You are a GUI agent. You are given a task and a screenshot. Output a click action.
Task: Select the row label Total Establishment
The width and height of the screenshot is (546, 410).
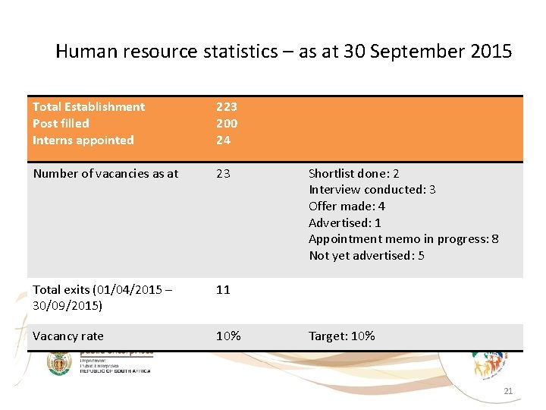point(89,107)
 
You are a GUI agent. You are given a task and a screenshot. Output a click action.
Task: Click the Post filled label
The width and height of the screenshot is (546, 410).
point(61,123)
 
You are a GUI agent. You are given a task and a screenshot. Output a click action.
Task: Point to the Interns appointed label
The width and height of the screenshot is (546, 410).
point(83,140)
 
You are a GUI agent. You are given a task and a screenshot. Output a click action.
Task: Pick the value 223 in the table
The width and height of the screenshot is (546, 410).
point(227,107)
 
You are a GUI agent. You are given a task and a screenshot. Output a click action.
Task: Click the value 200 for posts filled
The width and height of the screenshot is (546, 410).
point(227,123)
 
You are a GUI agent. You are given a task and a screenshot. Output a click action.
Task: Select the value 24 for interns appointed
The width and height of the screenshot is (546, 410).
point(223,140)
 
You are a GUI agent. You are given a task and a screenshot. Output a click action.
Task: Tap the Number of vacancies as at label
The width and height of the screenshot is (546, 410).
point(105,173)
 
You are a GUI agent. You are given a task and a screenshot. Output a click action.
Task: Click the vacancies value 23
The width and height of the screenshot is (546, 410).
point(223,173)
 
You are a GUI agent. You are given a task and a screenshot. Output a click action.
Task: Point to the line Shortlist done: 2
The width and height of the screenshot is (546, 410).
point(353,173)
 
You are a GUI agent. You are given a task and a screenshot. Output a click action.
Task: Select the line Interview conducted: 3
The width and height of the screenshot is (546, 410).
point(372,190)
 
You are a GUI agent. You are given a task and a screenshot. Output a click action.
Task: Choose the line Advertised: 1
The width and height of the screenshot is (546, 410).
point(344,222)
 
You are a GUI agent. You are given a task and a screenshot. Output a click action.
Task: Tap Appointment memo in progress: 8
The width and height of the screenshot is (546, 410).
point(403,239)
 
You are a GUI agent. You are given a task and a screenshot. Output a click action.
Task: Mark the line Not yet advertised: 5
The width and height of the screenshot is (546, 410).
point(366,256)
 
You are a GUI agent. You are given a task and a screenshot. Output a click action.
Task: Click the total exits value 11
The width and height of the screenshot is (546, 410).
point(223,289)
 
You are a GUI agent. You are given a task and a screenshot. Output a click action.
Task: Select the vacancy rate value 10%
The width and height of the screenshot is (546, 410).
point(228,336)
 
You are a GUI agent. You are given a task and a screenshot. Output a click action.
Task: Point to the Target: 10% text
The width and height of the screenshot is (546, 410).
point(341,336)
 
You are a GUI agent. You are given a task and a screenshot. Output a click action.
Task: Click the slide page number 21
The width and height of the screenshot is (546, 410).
point(508,391)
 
